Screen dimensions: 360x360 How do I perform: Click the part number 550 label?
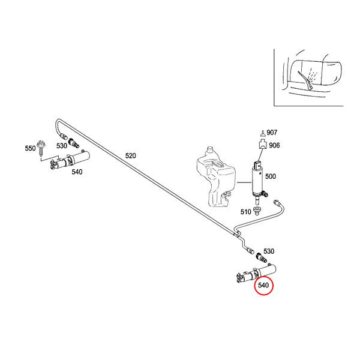31,148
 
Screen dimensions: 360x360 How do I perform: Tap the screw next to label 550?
42,148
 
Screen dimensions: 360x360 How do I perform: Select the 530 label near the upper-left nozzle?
62,146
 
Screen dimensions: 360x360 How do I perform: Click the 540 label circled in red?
263,285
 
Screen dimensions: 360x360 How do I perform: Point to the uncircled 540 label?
77,172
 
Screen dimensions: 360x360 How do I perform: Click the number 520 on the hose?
130,156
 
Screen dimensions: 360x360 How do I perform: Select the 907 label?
272,133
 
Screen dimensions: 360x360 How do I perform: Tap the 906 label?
274,145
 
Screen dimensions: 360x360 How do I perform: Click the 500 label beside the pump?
270,176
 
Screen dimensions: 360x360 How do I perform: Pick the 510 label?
246,212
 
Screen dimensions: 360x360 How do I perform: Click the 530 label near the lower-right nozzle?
269,251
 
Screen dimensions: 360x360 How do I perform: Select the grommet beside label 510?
256,211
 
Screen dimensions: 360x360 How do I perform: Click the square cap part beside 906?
263,145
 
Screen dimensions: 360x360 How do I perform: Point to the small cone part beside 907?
263,133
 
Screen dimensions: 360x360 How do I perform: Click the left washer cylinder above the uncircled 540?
70,160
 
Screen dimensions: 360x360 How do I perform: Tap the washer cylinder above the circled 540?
256,273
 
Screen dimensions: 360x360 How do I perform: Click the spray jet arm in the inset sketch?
306,81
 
